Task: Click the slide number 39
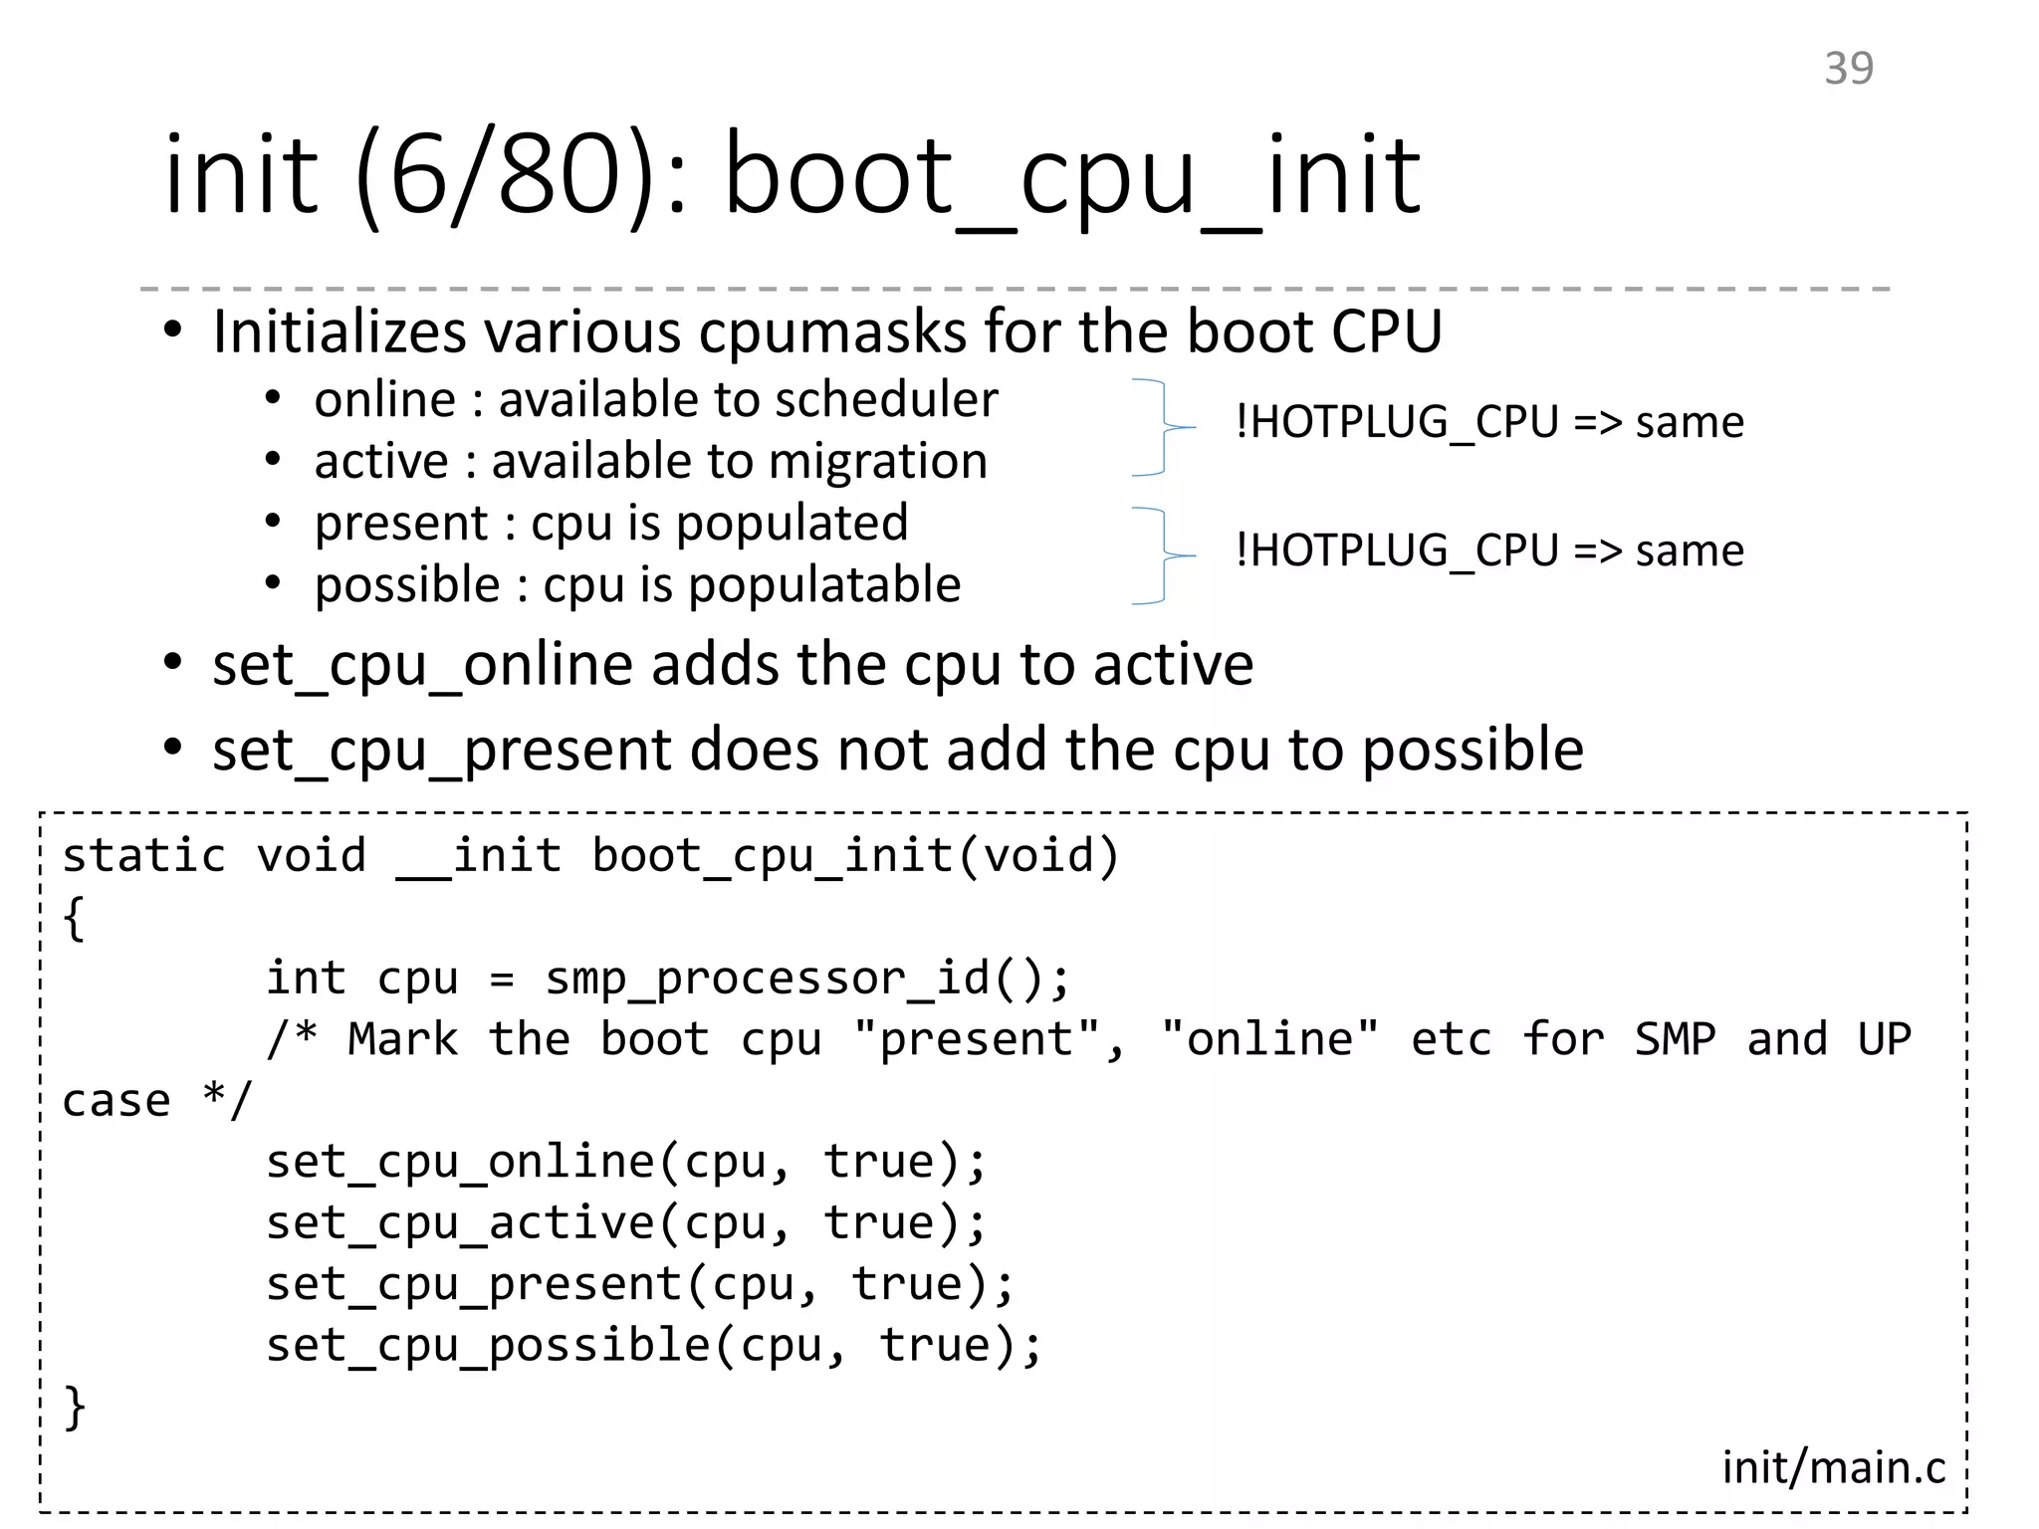point(1848,68)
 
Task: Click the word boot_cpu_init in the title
point(1072,177)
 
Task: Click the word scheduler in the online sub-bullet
point(886,400)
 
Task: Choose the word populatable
point(823,585)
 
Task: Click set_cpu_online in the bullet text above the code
point(422,665)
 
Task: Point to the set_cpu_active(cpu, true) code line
point(625,1223)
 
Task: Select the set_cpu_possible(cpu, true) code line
point(653,1346)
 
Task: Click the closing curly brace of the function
point(75,1407)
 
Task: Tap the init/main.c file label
point(1833,1467)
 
